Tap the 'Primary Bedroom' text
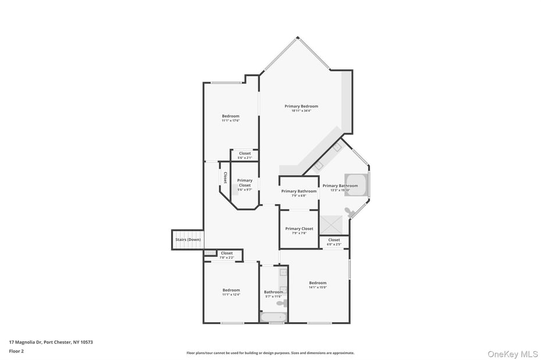tap(301, 106)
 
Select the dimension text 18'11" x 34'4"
tap(301, 111)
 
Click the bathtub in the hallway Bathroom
tap(273, 318)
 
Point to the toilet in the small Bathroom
tap(281, 303)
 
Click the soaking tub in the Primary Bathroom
tap(355, 185)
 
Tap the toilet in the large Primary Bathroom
tap(348, 212)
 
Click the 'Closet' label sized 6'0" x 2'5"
tap(334, 240)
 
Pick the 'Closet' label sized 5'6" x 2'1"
tap(245, 154)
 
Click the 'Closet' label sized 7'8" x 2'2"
tap(227, 253)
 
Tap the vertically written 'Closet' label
tap(225, 177)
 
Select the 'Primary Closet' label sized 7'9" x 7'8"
tap(299, 229)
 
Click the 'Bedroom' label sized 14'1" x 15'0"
tap(318, 283)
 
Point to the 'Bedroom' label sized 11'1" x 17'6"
tap(230, 116)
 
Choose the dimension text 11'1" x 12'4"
tap(231, 295)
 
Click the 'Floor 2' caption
tap(16, 351)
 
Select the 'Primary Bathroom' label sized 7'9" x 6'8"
tap(299, 191)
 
